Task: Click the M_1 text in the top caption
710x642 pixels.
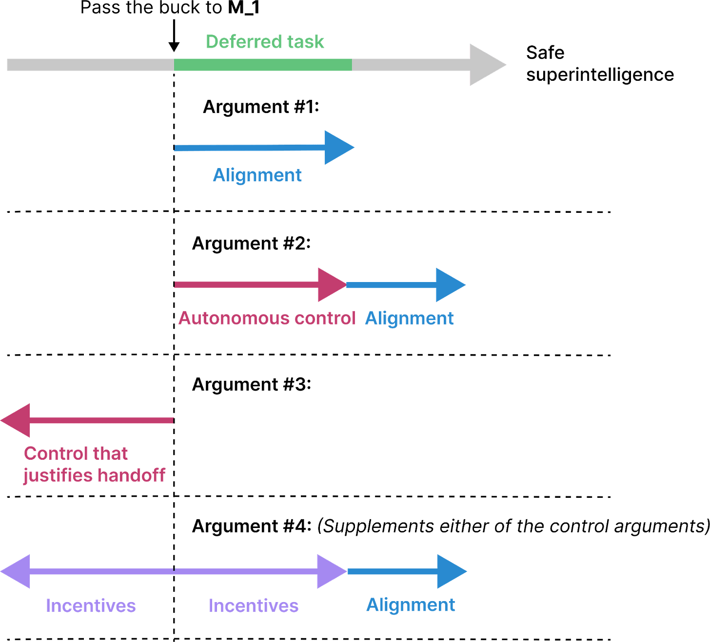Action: (x=244, y=8)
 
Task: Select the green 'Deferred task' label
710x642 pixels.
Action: (x=265, y=42)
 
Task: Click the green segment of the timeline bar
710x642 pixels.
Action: (x=263, y=65)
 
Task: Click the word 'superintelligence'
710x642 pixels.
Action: (x=600, y=75)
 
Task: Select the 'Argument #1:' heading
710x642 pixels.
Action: (x=261, y=107)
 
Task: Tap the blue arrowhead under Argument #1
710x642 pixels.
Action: (x=338, y=147)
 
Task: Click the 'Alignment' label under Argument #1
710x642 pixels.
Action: (x=257, y=175)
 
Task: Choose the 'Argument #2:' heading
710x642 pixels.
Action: (x=251, y=244)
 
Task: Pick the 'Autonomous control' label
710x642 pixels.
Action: (x=266, y=319)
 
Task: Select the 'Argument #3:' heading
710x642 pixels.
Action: (x=251, y=385)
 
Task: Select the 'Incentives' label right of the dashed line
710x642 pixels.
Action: (x=253, y=606)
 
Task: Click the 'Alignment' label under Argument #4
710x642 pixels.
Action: (x=411, y=605)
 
